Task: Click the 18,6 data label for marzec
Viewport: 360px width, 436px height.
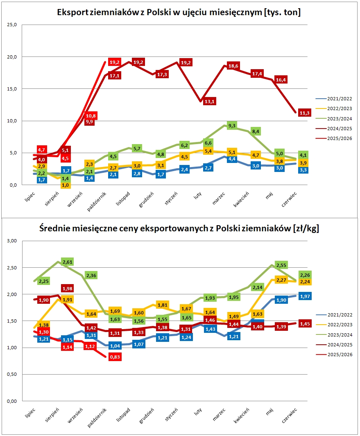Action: coord(233,66)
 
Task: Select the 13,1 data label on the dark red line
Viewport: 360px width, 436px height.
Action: coord(210,102)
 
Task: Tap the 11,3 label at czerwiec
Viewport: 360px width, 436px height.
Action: coord(304,113)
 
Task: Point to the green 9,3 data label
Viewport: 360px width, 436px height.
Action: coord(232,126)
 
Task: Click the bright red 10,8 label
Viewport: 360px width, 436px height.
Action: coord(91,116)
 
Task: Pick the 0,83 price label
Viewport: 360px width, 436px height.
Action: coord(115,357)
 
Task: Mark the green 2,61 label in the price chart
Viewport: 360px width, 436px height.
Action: coord(67,262)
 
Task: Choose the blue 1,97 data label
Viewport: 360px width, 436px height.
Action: coord(305,296)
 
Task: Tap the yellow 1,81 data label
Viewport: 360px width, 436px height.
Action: coord(163,305)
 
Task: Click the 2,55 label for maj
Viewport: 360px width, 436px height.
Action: coord(281,265)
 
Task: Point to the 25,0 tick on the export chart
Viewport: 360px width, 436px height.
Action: coord(12,25)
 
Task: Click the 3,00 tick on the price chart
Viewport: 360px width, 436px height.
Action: coord(12,241)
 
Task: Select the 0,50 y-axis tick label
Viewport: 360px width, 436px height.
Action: coord(12,374)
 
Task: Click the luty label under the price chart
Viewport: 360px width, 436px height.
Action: coord(198,411)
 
